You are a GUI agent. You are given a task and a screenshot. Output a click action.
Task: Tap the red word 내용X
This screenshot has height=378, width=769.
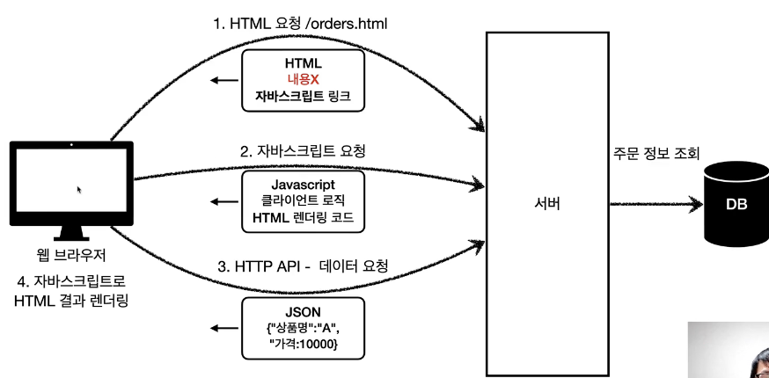[x=302, y=80]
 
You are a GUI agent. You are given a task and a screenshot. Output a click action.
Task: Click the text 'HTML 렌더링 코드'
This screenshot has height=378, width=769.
[x=302, y=218]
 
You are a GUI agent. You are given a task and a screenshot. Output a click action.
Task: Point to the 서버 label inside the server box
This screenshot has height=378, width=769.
[x=546, y=205]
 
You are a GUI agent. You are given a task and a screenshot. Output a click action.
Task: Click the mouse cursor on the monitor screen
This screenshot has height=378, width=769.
[x=79, y=189]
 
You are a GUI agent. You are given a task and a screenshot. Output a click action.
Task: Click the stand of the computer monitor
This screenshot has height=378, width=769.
[x=70, y=232]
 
